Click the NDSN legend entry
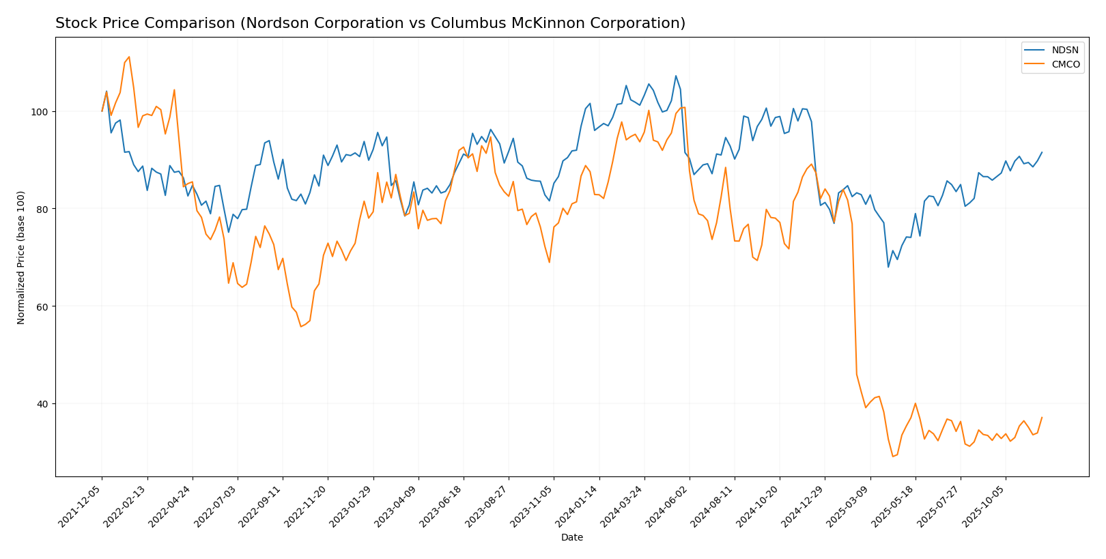[x=1060, y=51]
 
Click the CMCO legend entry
[x=1060, y=65]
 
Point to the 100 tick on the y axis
[x=42, y=111]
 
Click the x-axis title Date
[x=572, y=538]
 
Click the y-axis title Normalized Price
[x=21, y=257]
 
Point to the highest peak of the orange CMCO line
[x=129, y=57]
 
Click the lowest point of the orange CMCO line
[x=892, y=456]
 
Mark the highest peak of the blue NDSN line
[x=676, y=76]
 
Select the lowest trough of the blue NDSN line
[x=888, y=267]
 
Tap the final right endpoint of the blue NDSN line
[x=1042, y=152]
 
